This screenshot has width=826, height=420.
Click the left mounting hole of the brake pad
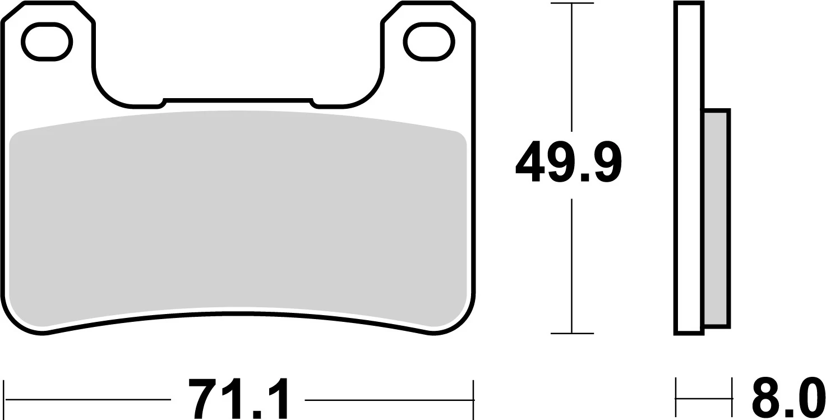tap(47, 42)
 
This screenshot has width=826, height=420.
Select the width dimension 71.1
tap(238, 399)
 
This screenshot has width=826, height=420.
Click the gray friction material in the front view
tap(238, 219)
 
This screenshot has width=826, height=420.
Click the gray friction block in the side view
tap(716, 219)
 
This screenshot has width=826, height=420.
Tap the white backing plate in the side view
tap(689, 168)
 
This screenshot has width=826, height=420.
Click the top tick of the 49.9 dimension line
tap(571, 3)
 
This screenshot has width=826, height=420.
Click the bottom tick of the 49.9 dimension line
tap(571, 334)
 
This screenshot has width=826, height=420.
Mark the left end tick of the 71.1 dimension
tap(4, 399)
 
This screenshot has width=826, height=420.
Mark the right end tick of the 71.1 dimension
tap(474, 399)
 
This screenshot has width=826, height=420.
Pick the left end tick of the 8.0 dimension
tap(676, 399)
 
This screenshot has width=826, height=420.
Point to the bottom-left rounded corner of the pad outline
tap(20, 320)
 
